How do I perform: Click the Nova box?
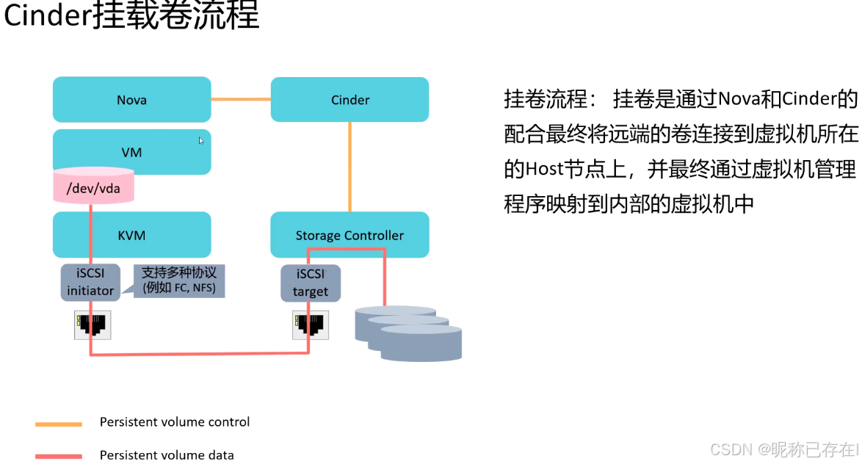pos(131,100)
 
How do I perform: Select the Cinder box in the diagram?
pos(349,100)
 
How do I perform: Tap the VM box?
pos(131,153)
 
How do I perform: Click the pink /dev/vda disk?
pos(93,188)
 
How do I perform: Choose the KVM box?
pos(131,235)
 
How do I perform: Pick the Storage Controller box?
pos(349,235)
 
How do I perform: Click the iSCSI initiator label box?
pos(90,283)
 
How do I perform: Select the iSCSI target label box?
pos(311,283)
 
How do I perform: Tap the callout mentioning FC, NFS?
pos(179,281)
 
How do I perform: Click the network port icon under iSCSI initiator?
pos(92,324)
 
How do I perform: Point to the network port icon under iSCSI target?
pos(311,324)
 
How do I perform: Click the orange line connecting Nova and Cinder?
pos(241,99)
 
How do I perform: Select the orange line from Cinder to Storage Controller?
pos(349,167)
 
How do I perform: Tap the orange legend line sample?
pos(59,424)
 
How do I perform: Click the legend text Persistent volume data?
pos(167,455)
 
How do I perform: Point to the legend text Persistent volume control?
pos(175,422)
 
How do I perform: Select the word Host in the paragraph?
pos(543,170)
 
